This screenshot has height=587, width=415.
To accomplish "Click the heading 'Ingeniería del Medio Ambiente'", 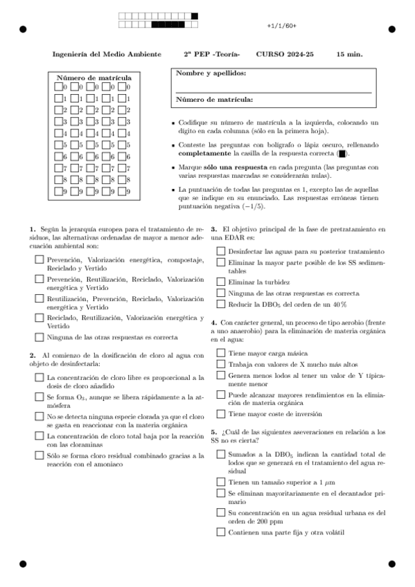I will click(x=106, y=54).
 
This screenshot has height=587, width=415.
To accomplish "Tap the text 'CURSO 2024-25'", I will click(x=284, y=54).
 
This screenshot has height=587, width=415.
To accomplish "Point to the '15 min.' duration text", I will click(x=349, y=54).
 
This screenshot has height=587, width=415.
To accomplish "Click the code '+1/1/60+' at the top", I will click(x=281, y=26).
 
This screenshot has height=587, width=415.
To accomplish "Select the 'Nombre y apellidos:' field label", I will click(x=210, y=73).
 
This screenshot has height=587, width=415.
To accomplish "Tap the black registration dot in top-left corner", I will click(x=23, y=30).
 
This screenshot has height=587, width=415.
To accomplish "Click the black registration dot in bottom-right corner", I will click(x=391, y=563).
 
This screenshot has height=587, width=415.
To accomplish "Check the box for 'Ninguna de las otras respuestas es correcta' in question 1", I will click(x=39, y=338).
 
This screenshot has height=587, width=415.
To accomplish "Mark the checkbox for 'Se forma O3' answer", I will click(x=39, y=397).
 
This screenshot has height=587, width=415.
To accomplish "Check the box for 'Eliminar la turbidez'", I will click(x=220, y=282).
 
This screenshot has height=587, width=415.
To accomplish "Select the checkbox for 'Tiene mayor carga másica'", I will click(x=220, y=352).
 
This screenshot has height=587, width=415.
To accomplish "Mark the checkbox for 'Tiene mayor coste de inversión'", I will click(x=220, y=414).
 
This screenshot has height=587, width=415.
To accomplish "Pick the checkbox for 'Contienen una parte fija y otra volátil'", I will click(x=220, y=532).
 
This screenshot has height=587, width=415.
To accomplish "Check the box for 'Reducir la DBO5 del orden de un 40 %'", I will click(x=220, y=304).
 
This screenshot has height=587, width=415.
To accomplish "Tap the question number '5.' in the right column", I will click(x=214, y=431).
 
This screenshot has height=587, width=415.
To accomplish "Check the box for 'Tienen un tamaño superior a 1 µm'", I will click(x=220, y=481).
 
